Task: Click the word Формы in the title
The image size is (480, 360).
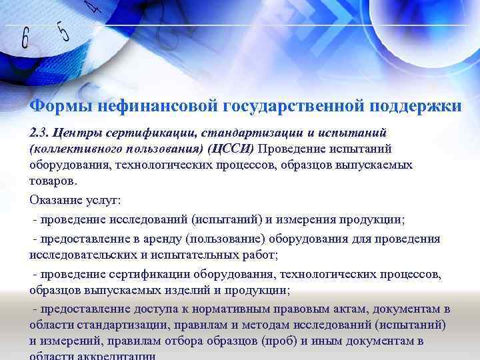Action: tap(61, 106)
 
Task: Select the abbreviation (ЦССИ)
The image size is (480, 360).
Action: tap(231, 148)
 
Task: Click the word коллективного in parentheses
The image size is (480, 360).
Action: tap(73, 148)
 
